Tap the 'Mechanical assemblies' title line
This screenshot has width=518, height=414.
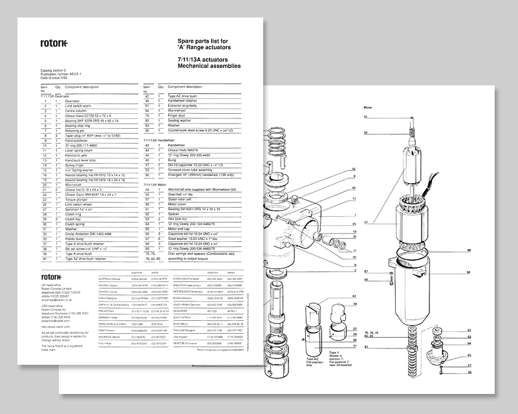[x=208, y=66]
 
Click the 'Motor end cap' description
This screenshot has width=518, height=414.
[x=180, y=228]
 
